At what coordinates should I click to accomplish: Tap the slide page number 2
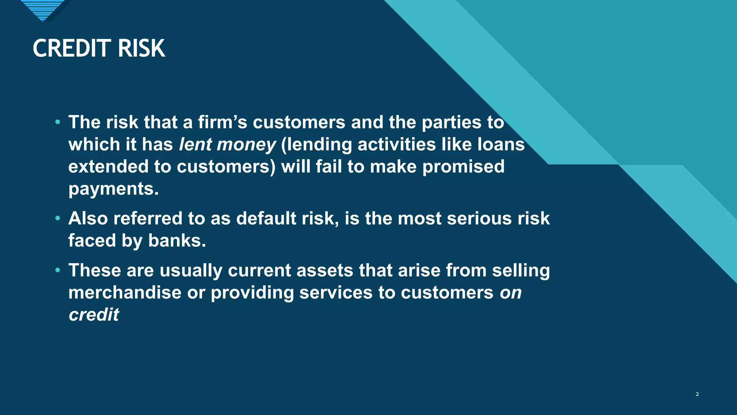697,394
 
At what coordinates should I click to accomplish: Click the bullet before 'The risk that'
58,122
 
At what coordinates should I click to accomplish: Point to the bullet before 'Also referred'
58,218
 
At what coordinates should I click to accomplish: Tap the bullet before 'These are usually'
58,270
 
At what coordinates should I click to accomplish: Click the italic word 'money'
247,144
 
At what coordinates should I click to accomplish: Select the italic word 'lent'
195,144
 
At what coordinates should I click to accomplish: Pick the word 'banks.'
177,241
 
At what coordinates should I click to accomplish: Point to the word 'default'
266,218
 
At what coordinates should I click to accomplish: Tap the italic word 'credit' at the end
94,314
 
